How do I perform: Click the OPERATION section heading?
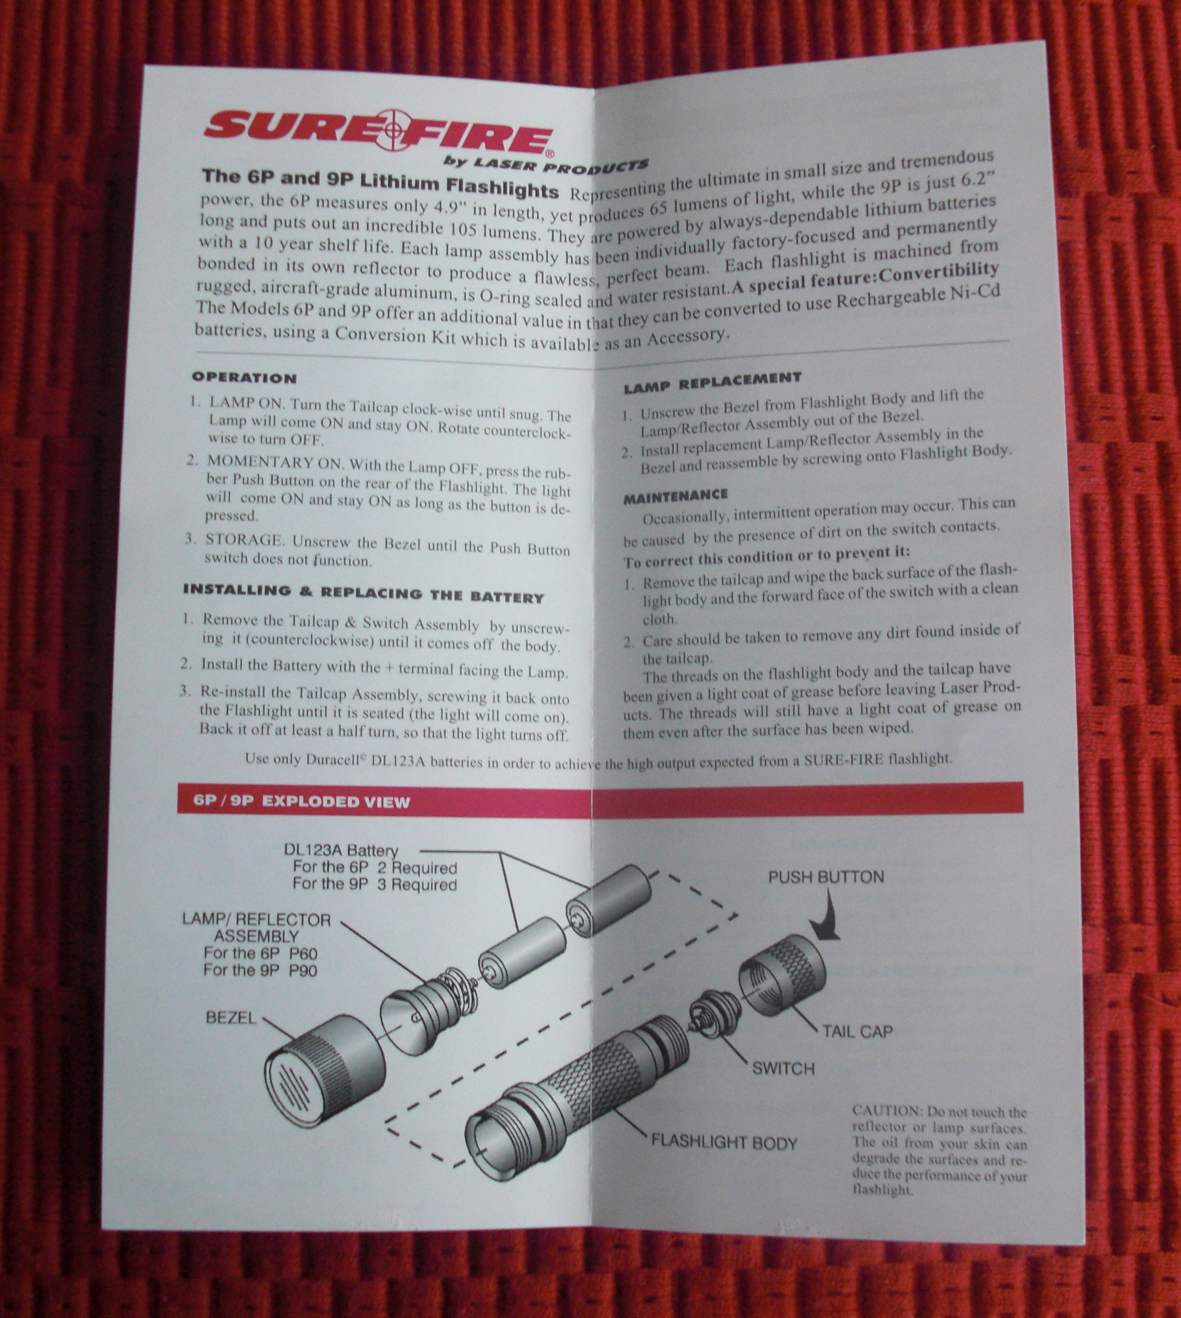click(245, 377)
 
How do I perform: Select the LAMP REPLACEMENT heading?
click(712, 382)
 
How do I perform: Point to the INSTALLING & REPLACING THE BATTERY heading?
click(363, 593)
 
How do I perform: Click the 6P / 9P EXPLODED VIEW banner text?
click(302, 802)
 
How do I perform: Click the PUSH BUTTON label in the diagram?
click(826, 877)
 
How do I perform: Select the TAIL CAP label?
click(857, 1031)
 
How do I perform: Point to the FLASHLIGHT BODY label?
click(724, 1142)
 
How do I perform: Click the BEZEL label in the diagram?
click(231, 1017)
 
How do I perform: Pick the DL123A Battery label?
click(341, 850)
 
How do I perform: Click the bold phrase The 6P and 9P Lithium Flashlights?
click(380, 182)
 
